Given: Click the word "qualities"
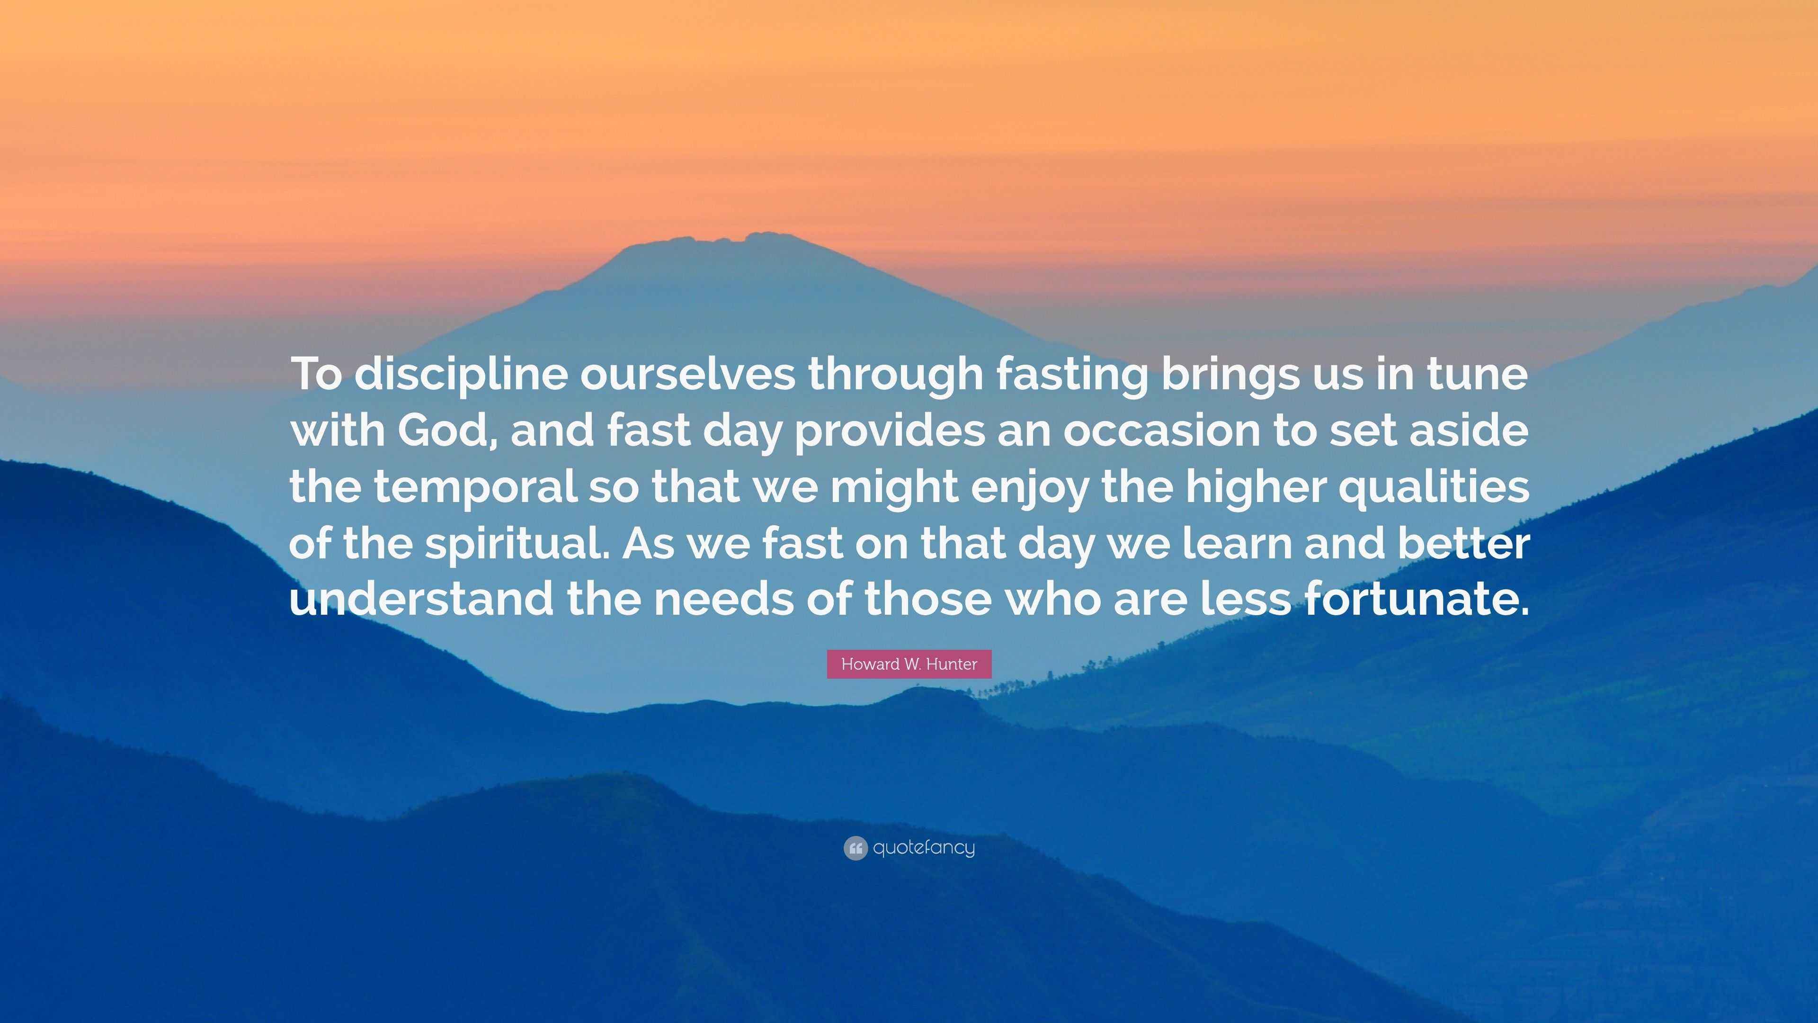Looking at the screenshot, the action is click(1434, 487).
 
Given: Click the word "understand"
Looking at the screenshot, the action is click(421, 599).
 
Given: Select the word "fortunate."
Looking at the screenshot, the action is click(1416, 599).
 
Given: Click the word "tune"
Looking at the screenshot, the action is click(1478, 375).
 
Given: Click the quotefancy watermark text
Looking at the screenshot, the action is click(924, 848).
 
